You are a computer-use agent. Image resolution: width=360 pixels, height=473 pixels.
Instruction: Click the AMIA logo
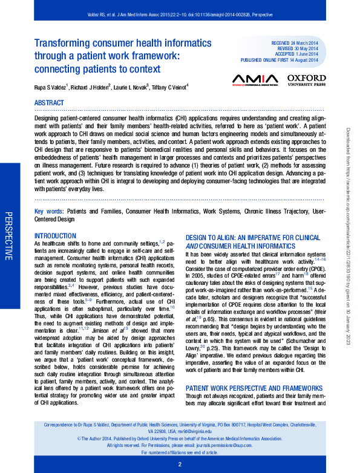255,79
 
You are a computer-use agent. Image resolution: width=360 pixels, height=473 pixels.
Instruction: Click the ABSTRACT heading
49,103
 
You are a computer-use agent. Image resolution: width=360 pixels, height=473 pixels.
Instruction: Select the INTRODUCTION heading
56,235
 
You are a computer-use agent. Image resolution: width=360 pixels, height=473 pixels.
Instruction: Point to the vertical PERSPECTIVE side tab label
8,236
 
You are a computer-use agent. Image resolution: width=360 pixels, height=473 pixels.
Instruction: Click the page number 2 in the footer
180,465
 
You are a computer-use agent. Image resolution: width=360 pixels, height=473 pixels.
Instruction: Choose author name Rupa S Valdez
51,87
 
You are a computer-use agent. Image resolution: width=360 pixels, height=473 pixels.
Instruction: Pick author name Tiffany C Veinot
171,87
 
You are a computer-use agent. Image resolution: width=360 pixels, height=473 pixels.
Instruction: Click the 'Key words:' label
49,212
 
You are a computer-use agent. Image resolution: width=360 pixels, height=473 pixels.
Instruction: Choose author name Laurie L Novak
129,87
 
